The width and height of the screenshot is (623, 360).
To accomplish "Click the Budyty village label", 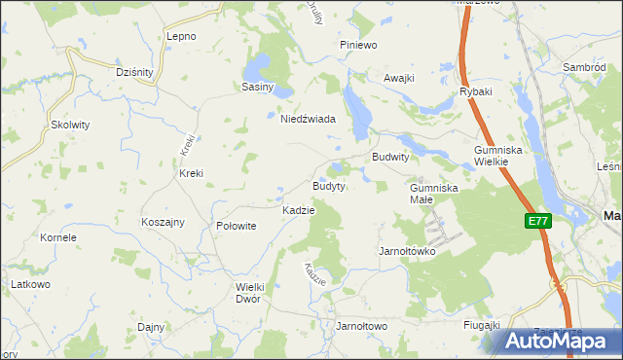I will click(x=328, y=186).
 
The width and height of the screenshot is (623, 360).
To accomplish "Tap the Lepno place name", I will click(x=181, y=36).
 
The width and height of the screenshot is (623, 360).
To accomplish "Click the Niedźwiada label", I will click(x=308, y=119).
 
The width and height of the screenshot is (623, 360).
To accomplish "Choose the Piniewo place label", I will click(x=357, y=45).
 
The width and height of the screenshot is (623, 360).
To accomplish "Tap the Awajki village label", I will click(x=399, y=78).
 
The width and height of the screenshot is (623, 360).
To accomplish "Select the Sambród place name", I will click(x=585, y=67).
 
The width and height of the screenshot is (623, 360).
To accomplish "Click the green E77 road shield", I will click(x=538, y=222).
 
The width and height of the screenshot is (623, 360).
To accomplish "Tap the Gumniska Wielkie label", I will click(x=499, y=156).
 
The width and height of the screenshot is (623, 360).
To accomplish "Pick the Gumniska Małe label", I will click(x=433, y=193).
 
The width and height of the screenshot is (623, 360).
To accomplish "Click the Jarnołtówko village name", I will click(x=406, y=251).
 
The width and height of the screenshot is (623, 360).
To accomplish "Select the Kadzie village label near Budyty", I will click(x=298, y=210).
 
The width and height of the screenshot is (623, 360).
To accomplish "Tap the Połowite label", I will click(x=236, y=225).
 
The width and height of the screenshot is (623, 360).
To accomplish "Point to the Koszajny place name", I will click(x=163, y=222).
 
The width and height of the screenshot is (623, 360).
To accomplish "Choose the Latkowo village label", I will click(x=30, y=283).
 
